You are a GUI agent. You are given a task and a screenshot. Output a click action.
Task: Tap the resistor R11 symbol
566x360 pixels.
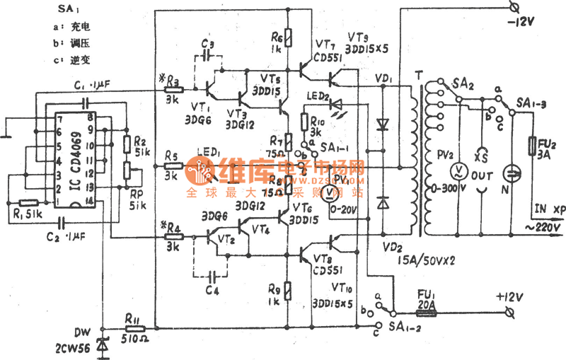click(134, 328)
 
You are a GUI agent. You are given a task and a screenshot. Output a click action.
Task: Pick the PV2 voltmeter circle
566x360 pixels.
click(458, 170)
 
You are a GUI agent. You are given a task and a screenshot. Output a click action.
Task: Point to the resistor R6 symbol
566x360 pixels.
click(287, 35)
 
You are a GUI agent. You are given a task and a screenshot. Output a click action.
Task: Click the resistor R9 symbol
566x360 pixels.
click(287, 290)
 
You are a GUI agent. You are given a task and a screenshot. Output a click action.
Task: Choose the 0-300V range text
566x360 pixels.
click(441, 190)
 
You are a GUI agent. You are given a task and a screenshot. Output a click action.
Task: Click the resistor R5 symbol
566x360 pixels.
click(172, 168)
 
